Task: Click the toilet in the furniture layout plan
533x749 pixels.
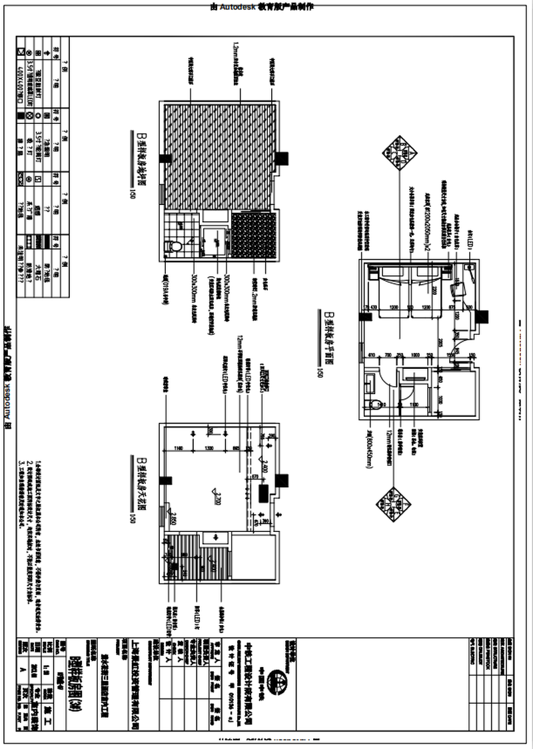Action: point(376,403)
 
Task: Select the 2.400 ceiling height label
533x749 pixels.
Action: point(265,467)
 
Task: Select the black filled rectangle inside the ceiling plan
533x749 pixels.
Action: point(263,494)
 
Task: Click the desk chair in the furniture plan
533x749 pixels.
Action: point(458,290)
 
